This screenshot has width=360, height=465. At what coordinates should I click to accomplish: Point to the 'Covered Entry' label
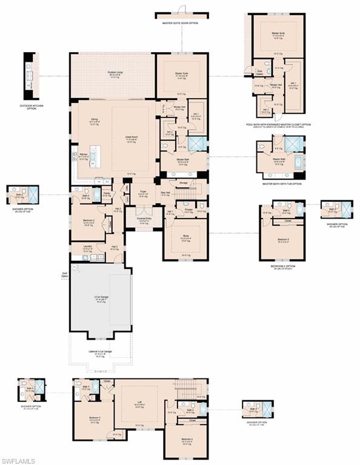pos(144,219)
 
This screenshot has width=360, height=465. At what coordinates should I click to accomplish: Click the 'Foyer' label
pos(144,192)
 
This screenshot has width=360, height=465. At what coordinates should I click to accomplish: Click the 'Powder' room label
pos(188,210)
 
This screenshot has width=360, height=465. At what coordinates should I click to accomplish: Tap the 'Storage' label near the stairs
pos(184,182)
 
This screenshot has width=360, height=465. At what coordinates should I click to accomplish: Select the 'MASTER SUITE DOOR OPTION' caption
pos(180,23)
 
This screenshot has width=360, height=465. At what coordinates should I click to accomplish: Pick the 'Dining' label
pos(95,120)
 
